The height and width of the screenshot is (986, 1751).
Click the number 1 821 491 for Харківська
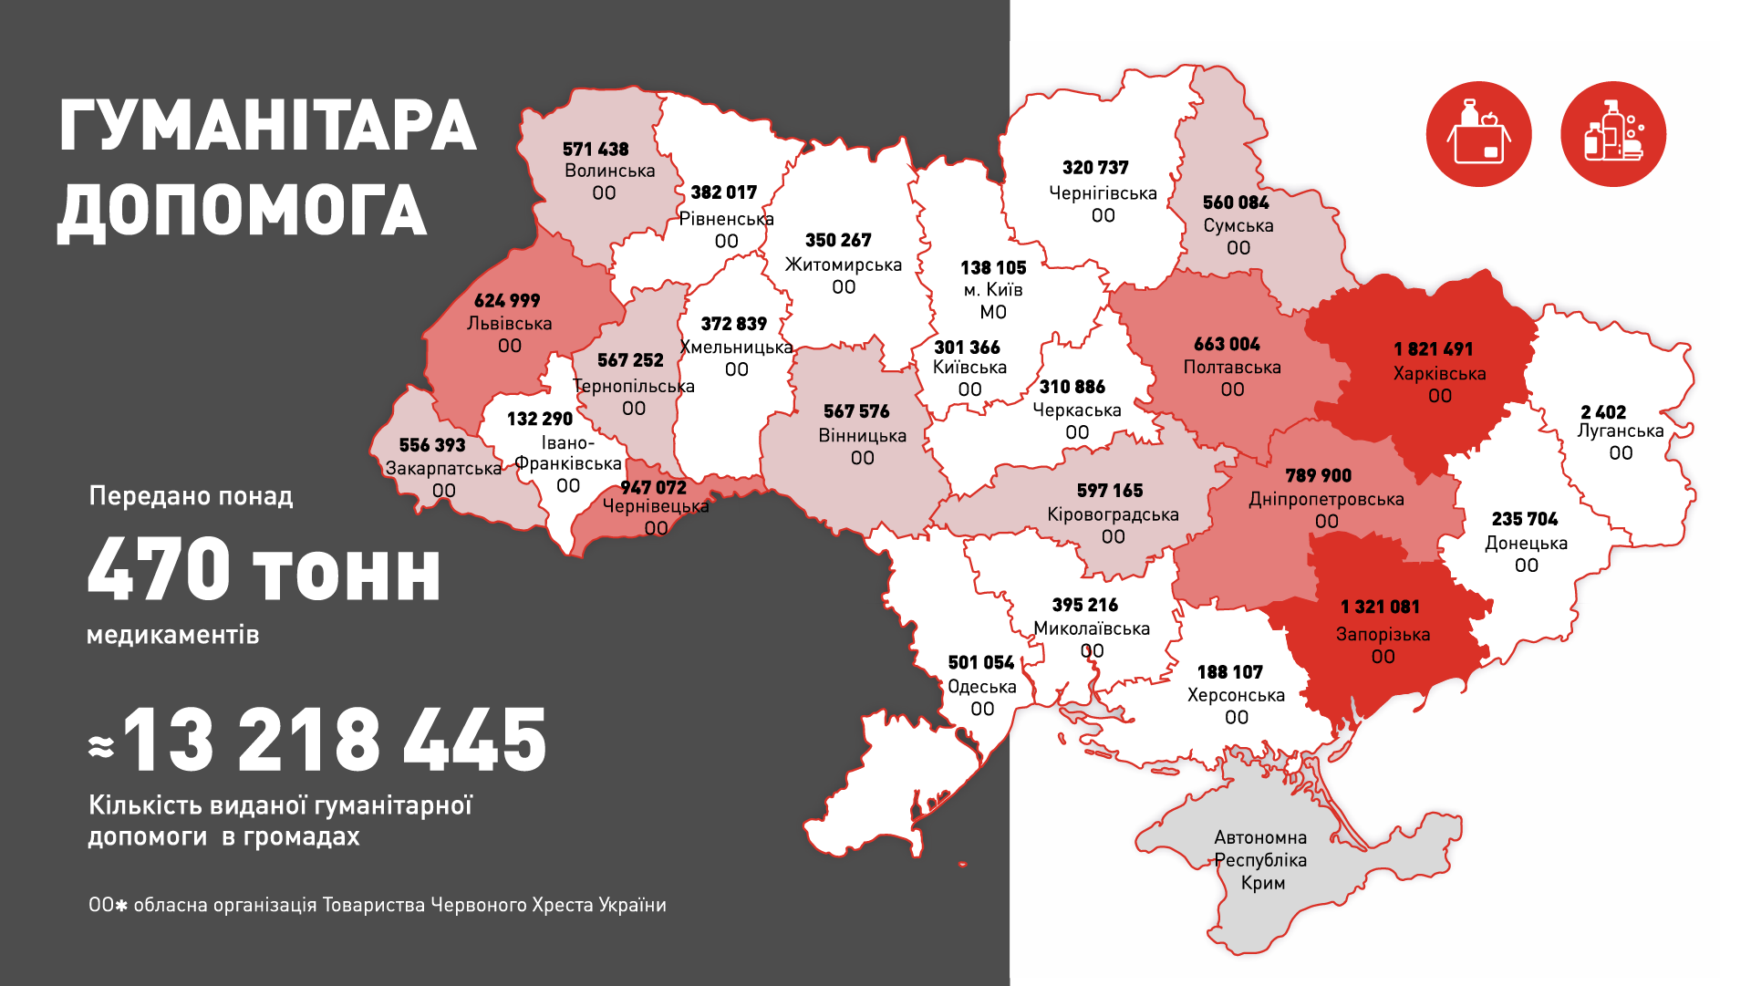(1433, 349)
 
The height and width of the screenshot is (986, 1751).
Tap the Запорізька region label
(1383, 634)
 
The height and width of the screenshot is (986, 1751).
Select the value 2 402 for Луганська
(1603, 412)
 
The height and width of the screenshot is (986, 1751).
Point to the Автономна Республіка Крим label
(1261, 860)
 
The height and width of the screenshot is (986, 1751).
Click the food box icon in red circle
(1478, 135)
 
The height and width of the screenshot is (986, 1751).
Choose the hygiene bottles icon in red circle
(1613, 135)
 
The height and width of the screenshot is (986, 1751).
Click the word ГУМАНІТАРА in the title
(267, 126)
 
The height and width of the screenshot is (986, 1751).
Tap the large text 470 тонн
(264, 570)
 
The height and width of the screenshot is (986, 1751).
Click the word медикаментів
(172, 635)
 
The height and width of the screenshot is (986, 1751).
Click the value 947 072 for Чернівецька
(653, 488)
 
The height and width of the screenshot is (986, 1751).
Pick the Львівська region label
(509, 324)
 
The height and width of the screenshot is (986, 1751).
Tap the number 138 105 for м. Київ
(993, 268)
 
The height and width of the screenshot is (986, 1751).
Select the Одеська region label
(981, 687)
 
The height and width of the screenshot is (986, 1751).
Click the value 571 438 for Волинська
(596, 150)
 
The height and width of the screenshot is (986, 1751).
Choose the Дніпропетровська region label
(1326, 500)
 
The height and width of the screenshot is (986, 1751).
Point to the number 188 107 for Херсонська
(1229, 672)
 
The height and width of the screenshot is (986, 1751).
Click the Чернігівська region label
(1103, 193)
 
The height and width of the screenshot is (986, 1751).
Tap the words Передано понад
(191, 496)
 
